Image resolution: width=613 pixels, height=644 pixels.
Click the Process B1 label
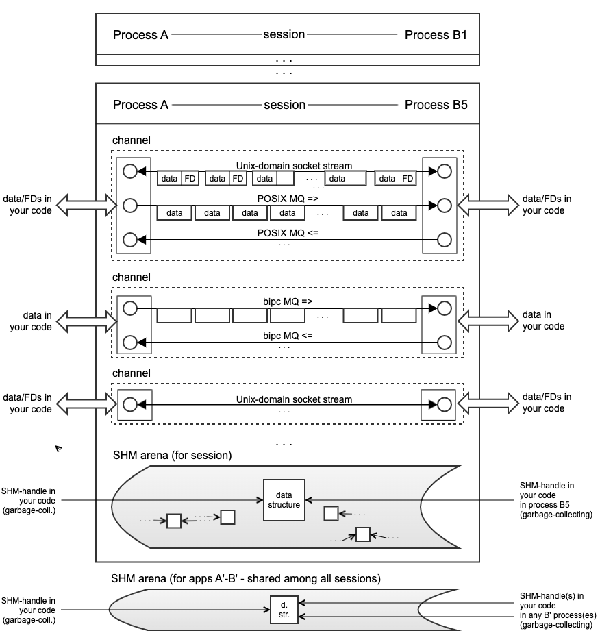[436, 34]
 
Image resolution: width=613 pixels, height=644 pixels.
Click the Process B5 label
[436, 105]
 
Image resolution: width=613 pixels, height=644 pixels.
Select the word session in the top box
[284, 34]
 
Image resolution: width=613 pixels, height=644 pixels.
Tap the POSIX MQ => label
[288, 198]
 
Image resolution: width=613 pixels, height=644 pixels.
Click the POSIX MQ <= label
[288, 233]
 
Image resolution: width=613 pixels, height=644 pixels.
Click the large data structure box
[284, 499]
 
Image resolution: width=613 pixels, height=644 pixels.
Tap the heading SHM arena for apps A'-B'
[245, 578]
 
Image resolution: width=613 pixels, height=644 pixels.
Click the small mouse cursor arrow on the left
[58, 449]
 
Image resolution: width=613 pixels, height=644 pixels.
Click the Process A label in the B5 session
[140, 105]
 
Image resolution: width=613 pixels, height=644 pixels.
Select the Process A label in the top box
[140, 34]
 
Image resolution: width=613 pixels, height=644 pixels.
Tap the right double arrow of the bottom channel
[488, 404]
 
